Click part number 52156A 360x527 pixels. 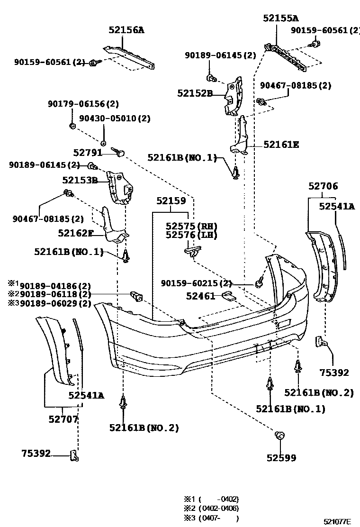[x=126, y=30]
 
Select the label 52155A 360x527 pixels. [x=281, y=18]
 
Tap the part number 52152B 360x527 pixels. [x=195, y=93]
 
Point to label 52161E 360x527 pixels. [x=281, y=145]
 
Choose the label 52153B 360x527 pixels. [x=80, y=181]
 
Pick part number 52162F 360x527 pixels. [x=75, y=233]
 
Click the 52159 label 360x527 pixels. [x=171, y=201]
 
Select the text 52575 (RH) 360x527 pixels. [x=191, y=226]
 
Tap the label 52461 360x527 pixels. [x=200, y=296]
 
